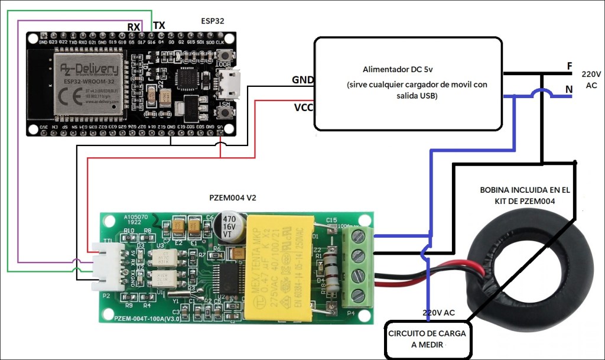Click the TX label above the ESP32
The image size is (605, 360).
point(159,25)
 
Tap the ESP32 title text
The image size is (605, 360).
point(213,21)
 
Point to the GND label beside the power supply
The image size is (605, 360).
point(302,80)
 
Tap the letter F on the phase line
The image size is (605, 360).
point(569,66)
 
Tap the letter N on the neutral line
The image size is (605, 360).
point(569,90)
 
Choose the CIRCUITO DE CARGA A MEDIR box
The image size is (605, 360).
point(427,339)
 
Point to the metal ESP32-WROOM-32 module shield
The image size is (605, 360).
point(89,82)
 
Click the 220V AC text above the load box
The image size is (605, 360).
point(438,312)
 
